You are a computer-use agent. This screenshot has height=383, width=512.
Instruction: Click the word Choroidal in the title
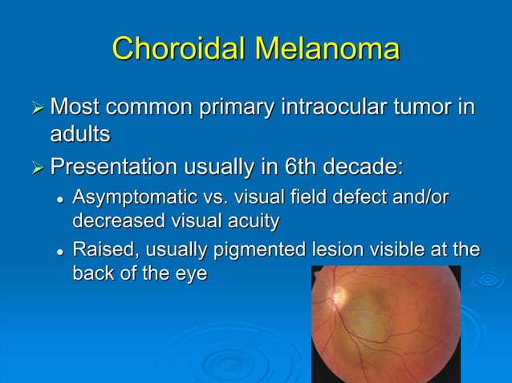179,48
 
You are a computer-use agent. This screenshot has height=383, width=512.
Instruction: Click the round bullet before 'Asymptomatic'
59,198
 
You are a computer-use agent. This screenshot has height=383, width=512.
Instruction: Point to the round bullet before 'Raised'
59,252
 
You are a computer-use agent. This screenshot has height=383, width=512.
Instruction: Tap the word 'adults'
80,135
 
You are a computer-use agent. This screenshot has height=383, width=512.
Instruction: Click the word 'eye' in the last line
190,273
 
